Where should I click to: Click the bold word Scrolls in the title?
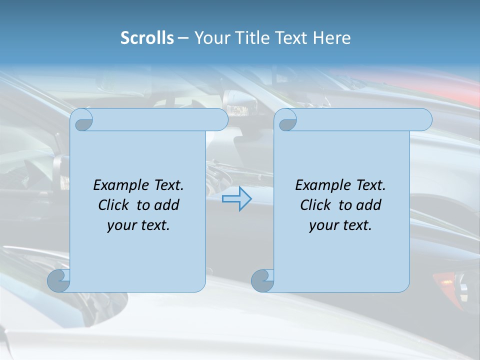tap(147, 38)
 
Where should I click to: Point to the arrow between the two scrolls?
tap(236, 199)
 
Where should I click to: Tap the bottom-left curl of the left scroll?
tap(59, 280)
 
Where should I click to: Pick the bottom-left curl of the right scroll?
tap(262, 280)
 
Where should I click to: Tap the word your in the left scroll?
tap(120, 225)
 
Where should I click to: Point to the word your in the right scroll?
tap(322, 225)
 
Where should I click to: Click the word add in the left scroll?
tap(167, 205)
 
